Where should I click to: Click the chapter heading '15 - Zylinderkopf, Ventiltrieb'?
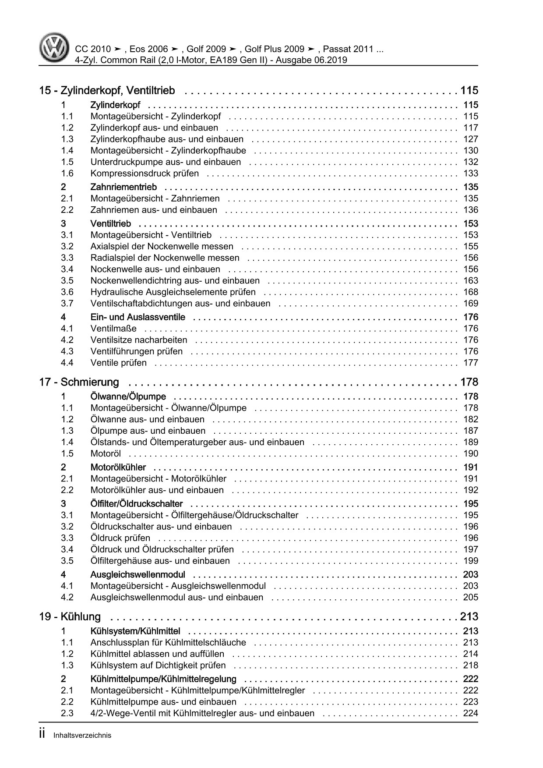[107, 91]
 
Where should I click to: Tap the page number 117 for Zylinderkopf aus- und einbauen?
[471, 128]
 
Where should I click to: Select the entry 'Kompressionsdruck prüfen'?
[145, 173]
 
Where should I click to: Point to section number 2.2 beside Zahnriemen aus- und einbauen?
[67, 210]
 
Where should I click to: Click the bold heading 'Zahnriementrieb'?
[123, 187]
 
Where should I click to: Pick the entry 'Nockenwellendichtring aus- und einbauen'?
[175, 281]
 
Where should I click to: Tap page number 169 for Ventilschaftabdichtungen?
[471, 304]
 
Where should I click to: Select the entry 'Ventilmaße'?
[113, 329]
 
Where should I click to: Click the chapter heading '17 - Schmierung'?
[79, 382]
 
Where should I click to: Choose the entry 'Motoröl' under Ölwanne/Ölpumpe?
[106, 454]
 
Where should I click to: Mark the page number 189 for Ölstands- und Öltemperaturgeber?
[471, 442]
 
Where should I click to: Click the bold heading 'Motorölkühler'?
[118, 467]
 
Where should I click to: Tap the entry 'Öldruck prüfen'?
[120, 538]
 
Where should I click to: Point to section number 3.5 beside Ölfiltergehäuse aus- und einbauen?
[67, 561]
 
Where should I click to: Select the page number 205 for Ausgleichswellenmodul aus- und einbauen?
[471, 598]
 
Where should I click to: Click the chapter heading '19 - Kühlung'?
[70, 617]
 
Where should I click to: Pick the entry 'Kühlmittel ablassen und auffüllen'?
[157, 654]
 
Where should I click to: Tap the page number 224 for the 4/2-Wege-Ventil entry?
[471, 713]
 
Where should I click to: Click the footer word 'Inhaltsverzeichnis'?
[82, 736]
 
